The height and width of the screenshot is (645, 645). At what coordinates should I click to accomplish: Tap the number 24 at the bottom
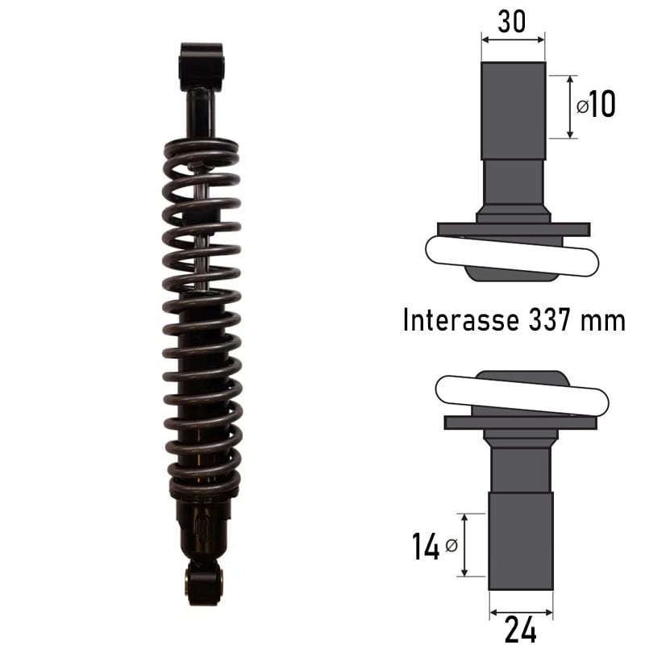point(521,627)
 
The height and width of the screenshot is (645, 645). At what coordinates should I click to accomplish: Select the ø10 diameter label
point(597,105)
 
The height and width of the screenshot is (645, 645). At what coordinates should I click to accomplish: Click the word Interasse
point(461,320)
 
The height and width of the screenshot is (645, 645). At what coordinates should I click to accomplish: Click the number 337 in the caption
point(553,320)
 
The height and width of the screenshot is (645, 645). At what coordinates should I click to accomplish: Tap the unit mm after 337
point(603,320)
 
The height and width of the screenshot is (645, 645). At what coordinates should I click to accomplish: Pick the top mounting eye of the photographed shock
point(201,64)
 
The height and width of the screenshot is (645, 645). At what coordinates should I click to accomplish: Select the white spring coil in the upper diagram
point(512,256)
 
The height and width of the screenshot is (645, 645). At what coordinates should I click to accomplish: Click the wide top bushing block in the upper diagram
point(513,110)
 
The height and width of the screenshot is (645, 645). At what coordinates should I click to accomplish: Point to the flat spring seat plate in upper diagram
point(514,230)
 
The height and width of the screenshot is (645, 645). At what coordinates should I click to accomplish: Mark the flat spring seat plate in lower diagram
point(521,422)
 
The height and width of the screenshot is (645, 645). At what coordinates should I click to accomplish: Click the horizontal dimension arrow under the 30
point(513,37)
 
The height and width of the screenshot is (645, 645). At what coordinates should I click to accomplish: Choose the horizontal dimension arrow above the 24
point(521,604)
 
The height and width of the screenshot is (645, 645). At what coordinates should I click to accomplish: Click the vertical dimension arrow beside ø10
point(571,106)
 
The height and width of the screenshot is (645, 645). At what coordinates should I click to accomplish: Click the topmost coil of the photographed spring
point(201,148)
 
